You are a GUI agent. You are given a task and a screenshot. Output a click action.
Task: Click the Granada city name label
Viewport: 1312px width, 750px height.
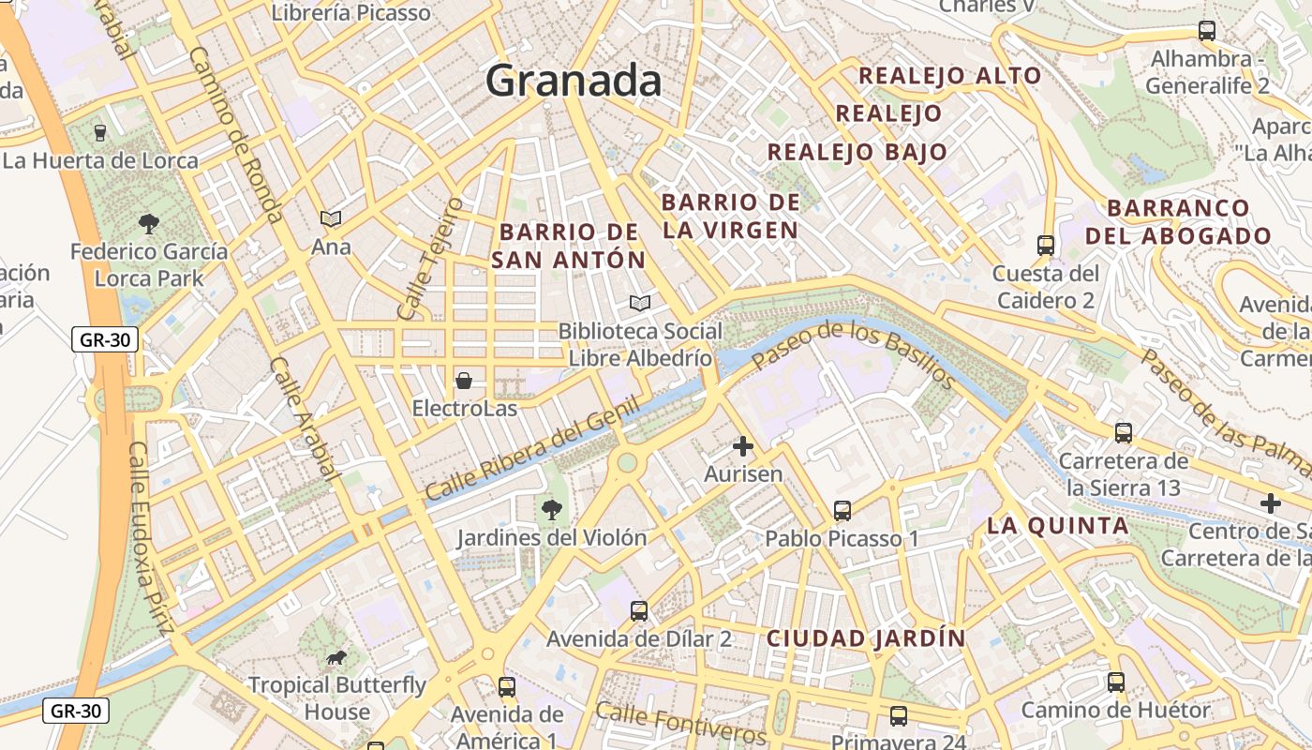coord(574,81)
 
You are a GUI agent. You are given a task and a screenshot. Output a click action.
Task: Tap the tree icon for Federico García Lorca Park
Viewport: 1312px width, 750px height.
coord(148,223)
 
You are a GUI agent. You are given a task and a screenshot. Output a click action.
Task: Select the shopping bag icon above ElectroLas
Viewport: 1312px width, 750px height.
coord(463,381)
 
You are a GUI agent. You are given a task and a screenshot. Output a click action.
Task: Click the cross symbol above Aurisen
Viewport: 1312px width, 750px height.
coord(743,446)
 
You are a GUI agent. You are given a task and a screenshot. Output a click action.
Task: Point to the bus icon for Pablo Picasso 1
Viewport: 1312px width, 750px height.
coord(842,511)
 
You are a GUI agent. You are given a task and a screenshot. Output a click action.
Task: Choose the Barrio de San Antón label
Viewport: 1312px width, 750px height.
coord(569,246)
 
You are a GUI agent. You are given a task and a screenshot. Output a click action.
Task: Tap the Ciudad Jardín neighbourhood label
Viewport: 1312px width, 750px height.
coord(866,638)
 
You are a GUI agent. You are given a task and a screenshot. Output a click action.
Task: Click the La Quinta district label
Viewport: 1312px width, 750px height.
coord(1057,526)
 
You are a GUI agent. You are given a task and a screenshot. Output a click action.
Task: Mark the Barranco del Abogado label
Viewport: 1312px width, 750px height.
coord(1178,222)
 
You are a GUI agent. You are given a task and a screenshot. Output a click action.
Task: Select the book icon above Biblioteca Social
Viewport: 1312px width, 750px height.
coord(640,303)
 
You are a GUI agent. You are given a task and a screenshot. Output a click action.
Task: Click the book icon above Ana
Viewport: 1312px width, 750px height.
coord(331,218)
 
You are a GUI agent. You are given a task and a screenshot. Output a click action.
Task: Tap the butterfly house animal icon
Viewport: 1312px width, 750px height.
coord(335,657)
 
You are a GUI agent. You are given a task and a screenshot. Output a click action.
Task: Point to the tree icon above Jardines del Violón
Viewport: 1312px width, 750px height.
coord(551,510)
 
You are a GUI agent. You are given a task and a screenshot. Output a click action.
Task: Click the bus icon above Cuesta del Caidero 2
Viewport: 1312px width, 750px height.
coord(1046,246)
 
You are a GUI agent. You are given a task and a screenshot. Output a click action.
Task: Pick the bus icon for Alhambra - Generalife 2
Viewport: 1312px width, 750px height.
coord(1207,31)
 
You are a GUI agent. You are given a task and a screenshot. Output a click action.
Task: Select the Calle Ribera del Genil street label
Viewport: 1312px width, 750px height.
coord(531,448)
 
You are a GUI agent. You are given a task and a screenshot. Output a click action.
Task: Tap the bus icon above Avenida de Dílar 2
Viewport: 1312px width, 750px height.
coord(639,611)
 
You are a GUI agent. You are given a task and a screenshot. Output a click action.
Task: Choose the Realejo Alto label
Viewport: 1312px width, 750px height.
coord(950,76)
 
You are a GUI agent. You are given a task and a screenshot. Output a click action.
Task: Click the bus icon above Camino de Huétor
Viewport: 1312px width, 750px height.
coord(1115,682)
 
